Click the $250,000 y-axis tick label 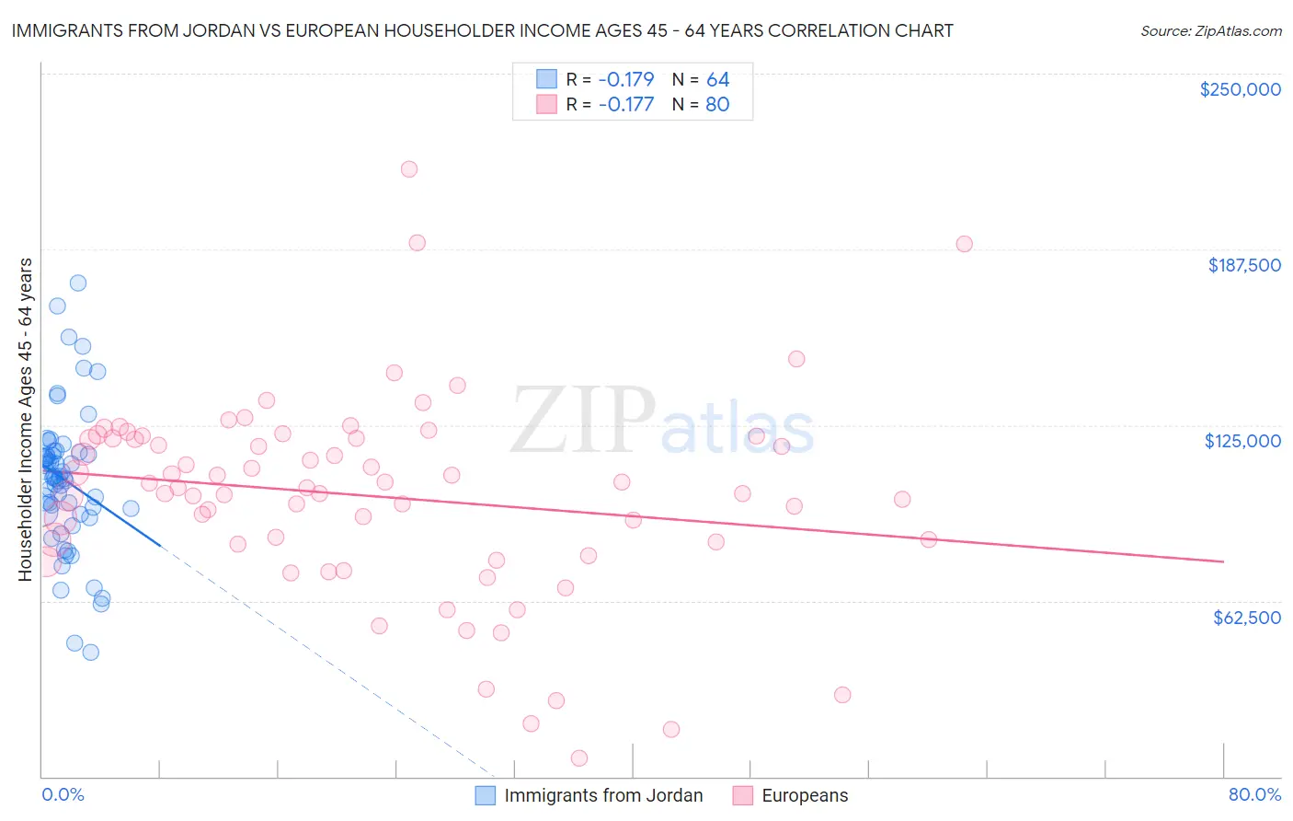click(x=1240, y=89)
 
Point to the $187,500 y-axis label click(x=1243, y=265)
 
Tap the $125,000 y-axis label click(x=1242, y=441)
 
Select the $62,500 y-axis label click(x=1246, y=618)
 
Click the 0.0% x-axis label click(x=63, y=794)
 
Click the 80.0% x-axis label click(x=1254, y=794)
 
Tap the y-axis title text click(x=25, y=419)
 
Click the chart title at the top click(x=482, y=30)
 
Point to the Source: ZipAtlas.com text click(x=1210, y=30)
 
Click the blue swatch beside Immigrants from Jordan click(x=486, y=795)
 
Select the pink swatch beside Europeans click(x=743, y=795)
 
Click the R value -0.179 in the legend click(x=625, y=79)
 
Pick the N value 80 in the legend click(x=717, y=104)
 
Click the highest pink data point click(x=409, y=169)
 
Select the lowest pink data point click(x=579, y=758)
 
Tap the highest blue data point click(x=78, y=283)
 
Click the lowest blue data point click(x=90, y=653)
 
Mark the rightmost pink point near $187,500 click(x=964, y=244)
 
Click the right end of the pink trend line click(x=1223, y=561)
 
